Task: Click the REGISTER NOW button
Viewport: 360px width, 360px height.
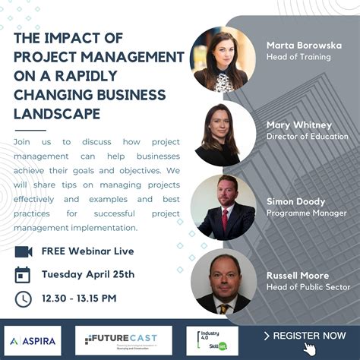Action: (x=305, y=335)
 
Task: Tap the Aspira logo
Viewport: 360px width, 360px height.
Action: (x=33, y=340)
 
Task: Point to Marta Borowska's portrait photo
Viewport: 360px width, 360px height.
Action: (x=223, y=58)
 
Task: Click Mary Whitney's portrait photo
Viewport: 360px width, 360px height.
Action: (x=223, y=132)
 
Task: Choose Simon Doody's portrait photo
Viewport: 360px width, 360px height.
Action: (x=223, y=207)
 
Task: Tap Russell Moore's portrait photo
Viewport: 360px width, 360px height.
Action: (x=223, y=282)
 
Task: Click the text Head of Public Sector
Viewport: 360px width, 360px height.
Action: (x=308, y=287)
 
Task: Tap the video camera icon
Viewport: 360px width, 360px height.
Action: (x=24, y=251)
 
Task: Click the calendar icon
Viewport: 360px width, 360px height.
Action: (x=24, y=274)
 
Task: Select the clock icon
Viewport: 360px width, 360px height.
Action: (x=24, y=298)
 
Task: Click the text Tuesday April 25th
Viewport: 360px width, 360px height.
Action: (x=87, y=274)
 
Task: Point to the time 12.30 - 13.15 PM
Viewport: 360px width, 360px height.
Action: (x=78, y=298)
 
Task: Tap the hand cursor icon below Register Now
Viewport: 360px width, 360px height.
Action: (x=309, y=349)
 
